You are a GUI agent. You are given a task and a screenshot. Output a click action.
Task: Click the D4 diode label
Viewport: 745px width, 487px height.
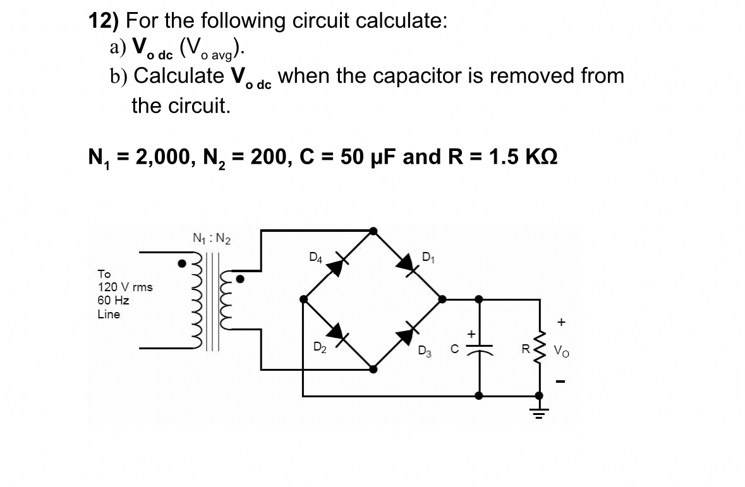(316, 257)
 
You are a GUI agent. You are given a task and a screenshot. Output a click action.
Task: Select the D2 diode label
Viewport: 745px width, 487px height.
(320, 347)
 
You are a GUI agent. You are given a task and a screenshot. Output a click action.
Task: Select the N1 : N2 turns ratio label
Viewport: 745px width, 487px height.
(211, 239)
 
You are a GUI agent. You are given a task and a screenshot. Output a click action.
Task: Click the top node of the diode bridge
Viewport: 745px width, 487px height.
(373, 231)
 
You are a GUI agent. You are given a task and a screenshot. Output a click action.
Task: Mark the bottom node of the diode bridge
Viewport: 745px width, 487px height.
(373, 369)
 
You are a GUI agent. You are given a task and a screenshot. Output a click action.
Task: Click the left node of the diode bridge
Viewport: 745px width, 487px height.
(304, 299)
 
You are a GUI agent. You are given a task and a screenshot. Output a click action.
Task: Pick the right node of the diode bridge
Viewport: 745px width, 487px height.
(442, 299)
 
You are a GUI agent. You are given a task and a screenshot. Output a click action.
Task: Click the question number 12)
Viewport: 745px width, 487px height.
(104, 21)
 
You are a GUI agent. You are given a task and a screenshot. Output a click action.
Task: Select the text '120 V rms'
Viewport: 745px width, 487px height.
(124, 287)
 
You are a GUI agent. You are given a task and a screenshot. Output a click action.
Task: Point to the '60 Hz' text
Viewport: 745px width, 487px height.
(113, 300)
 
